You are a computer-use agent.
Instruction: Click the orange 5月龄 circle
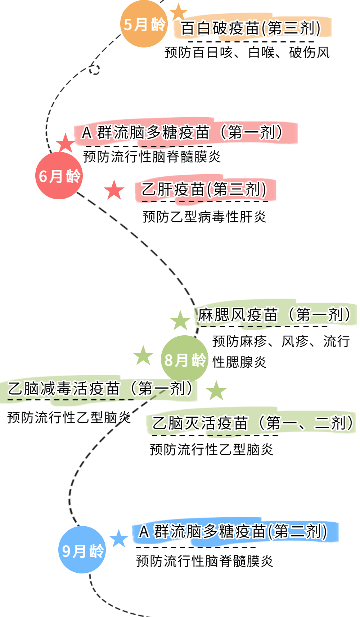pyautogui.click(x=144, y=24)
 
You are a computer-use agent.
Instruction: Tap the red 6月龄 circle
pyautogui.click(x=59, y=176)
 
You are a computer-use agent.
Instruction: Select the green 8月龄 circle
pyautogui.click(x=185, y=359)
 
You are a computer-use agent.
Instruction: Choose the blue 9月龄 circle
pyautogui.click(x=82, y=550)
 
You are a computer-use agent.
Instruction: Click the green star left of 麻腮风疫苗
pyautogui.click(x=180, y=320)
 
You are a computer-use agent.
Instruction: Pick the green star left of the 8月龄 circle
pyautogui.click(x=143, y=356)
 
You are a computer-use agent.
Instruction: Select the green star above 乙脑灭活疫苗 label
pyautogui.click(x=216, y=391)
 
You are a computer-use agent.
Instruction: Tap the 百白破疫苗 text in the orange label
pyautogui.click(x=220, y=28)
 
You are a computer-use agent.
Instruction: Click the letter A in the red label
pyautogui.click(x=87, y=133)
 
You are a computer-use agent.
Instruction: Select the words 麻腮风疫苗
pyautogui.click(x=238, y=315)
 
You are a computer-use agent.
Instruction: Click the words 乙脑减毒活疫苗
pyautogui.click(x=64, y=389)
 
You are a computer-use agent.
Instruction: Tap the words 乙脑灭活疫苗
pyautogui.click(x=200, y=423)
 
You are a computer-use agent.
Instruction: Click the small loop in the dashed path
pyautogui.click(x=95, y=69)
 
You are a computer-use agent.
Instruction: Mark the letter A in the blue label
pyautogui.click(x=144, y=531)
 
